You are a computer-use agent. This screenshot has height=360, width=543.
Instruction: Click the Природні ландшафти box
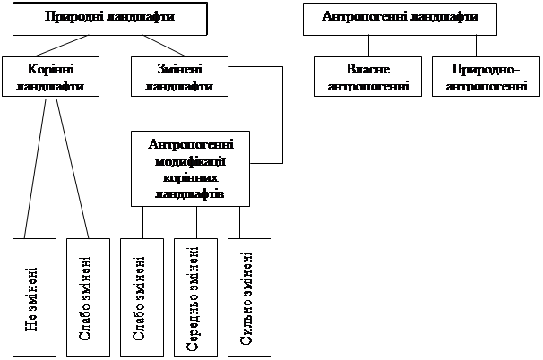pyautogui.click(x=109, y=18)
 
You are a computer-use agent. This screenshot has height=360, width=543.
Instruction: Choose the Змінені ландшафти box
pyautogui.click(x=178, y=76)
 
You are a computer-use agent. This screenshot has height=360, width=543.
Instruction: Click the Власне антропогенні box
pyautogui.click(x=368, y=76)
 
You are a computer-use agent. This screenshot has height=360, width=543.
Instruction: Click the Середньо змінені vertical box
pyautogui.click(x=195, y=296)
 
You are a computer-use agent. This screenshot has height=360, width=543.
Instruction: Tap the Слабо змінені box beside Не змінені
pyautogui.click(x=89, y=296)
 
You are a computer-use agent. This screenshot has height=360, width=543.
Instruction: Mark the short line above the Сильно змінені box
pyautogui.click(x=240, y=222)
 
